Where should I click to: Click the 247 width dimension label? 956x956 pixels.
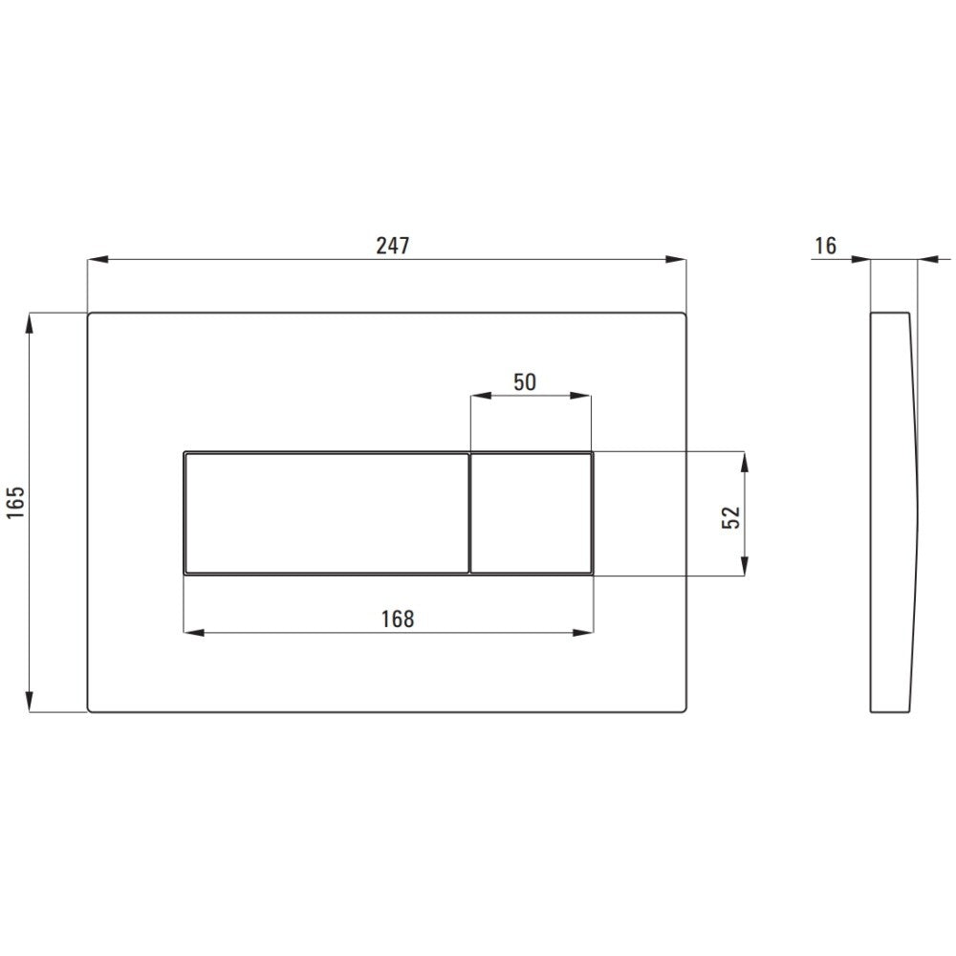click(393, 246)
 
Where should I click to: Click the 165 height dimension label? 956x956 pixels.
click(15, 503)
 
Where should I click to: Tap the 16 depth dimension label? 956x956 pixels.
click(826, 246)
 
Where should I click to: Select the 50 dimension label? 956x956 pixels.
click(524, 382)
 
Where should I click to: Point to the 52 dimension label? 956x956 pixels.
click(730, 517)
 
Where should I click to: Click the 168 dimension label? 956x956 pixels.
click(398, 619)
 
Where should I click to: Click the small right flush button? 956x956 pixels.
click(531, 513)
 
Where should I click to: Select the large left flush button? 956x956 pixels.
click(326, 513)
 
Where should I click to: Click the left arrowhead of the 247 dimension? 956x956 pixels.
click(98, 260)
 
